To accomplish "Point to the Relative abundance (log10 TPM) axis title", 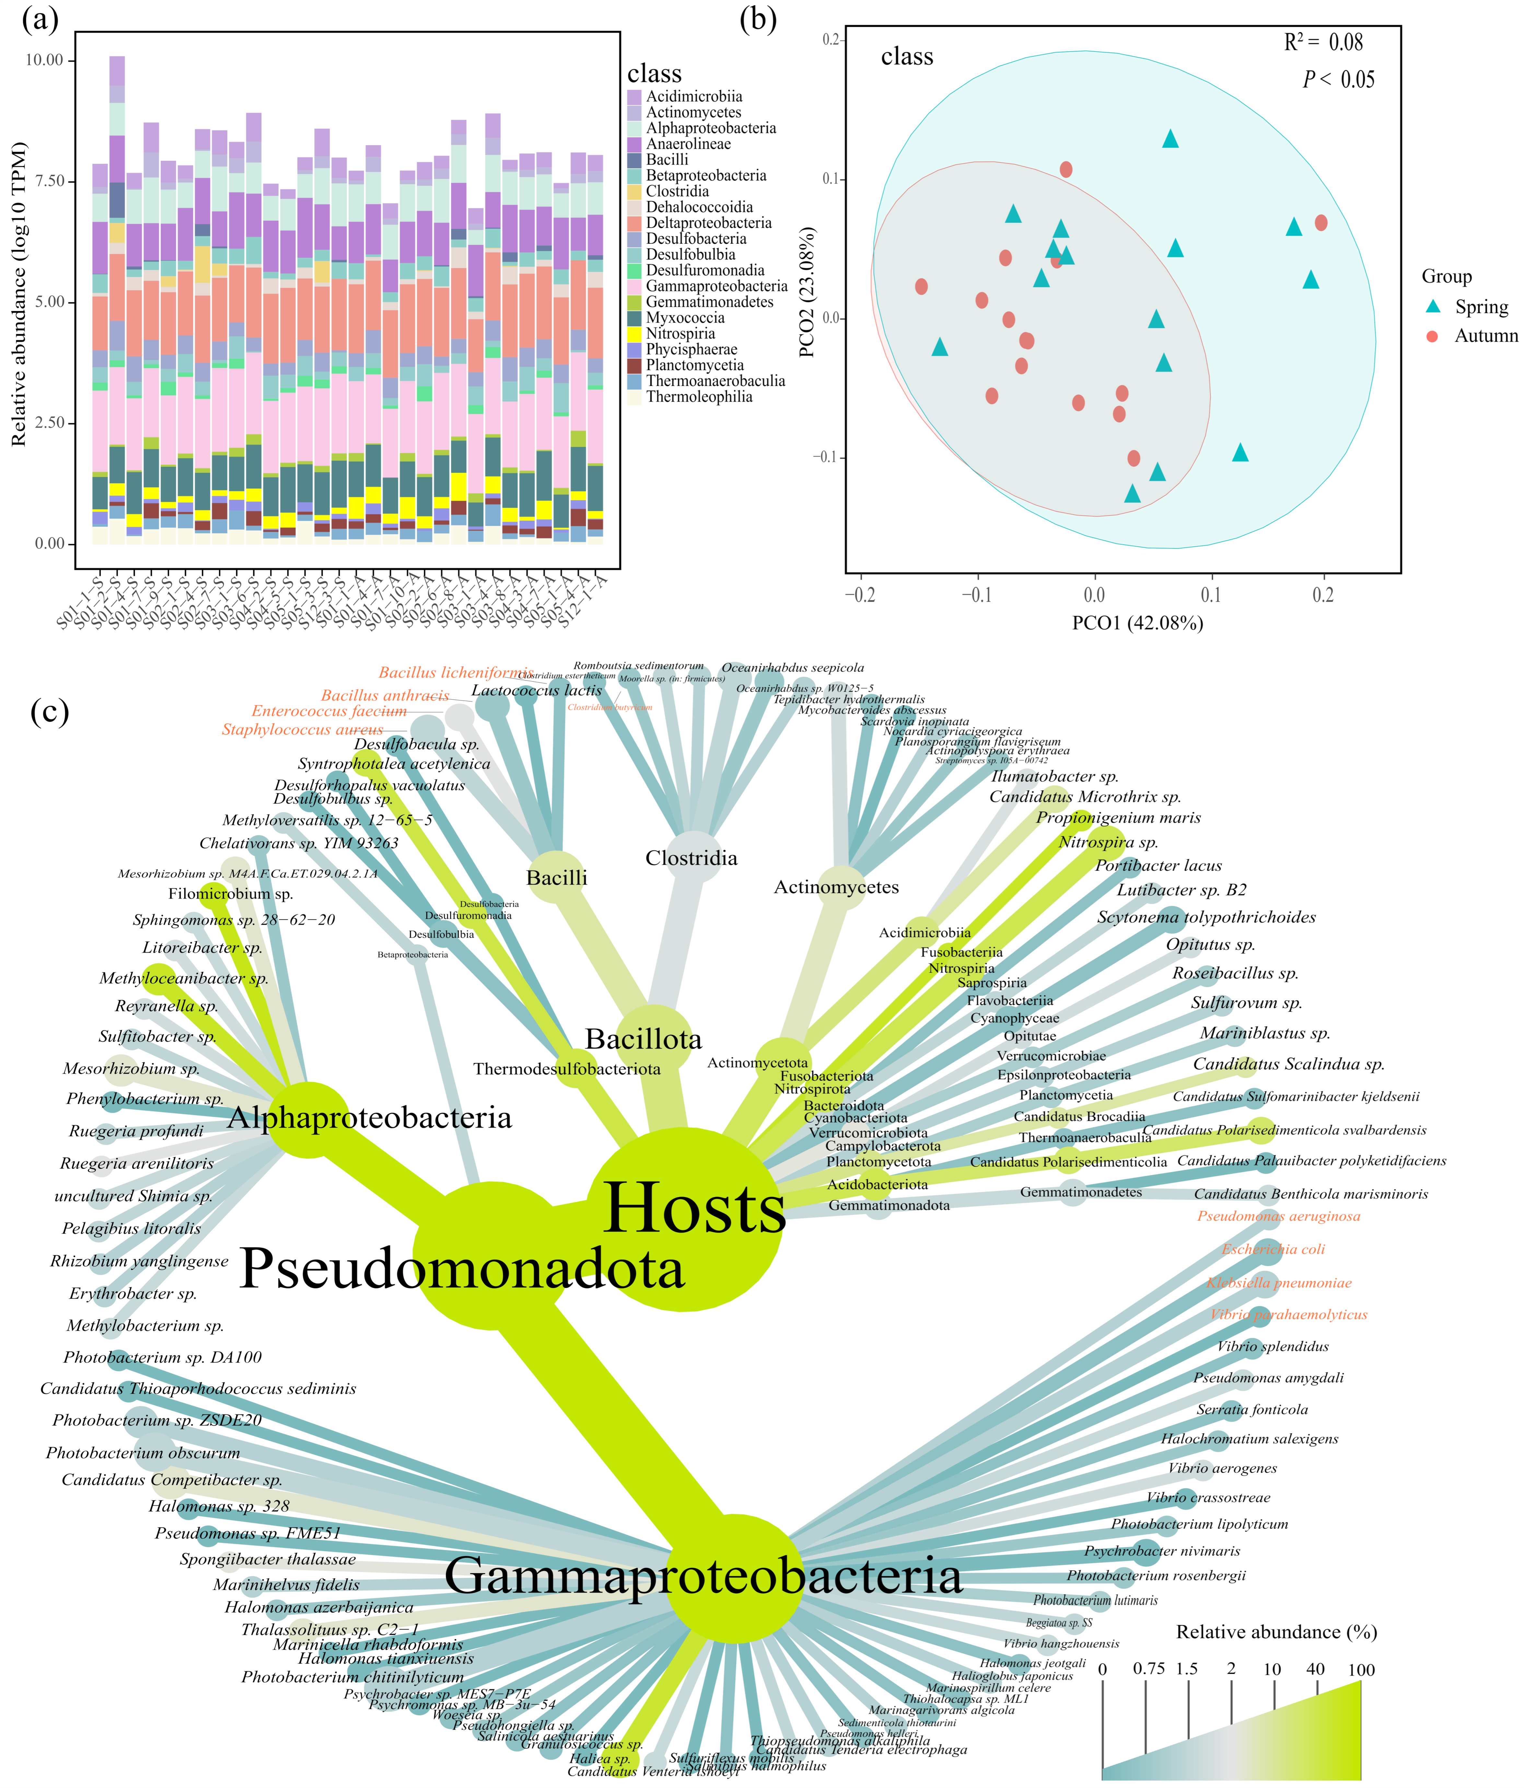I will coord(19,294).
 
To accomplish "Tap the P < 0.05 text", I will coord(1338,79).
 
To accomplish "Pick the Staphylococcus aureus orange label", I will coord(302,729).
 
